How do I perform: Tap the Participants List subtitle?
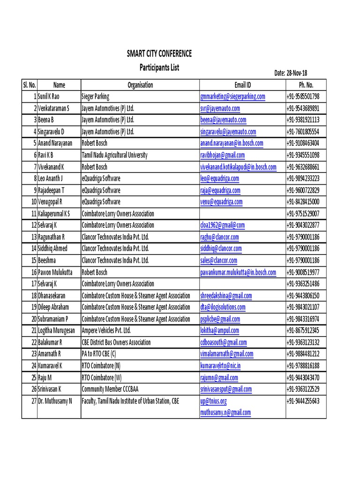pos(159,67)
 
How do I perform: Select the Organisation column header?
pos(140,85)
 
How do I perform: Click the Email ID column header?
pos(242,85)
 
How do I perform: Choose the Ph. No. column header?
pos(306,85)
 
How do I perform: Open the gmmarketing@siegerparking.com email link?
pos(232,97)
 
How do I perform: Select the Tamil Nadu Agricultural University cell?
pos(114,155)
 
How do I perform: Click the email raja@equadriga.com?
pos(220,190)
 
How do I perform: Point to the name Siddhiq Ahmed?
pos(52,248)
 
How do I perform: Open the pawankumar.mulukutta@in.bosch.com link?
pos(238,272)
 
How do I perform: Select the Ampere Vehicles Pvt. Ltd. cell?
pos(106,330)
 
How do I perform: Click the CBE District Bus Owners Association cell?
pos(116,342)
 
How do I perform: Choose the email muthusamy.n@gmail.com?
pos(225,412)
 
